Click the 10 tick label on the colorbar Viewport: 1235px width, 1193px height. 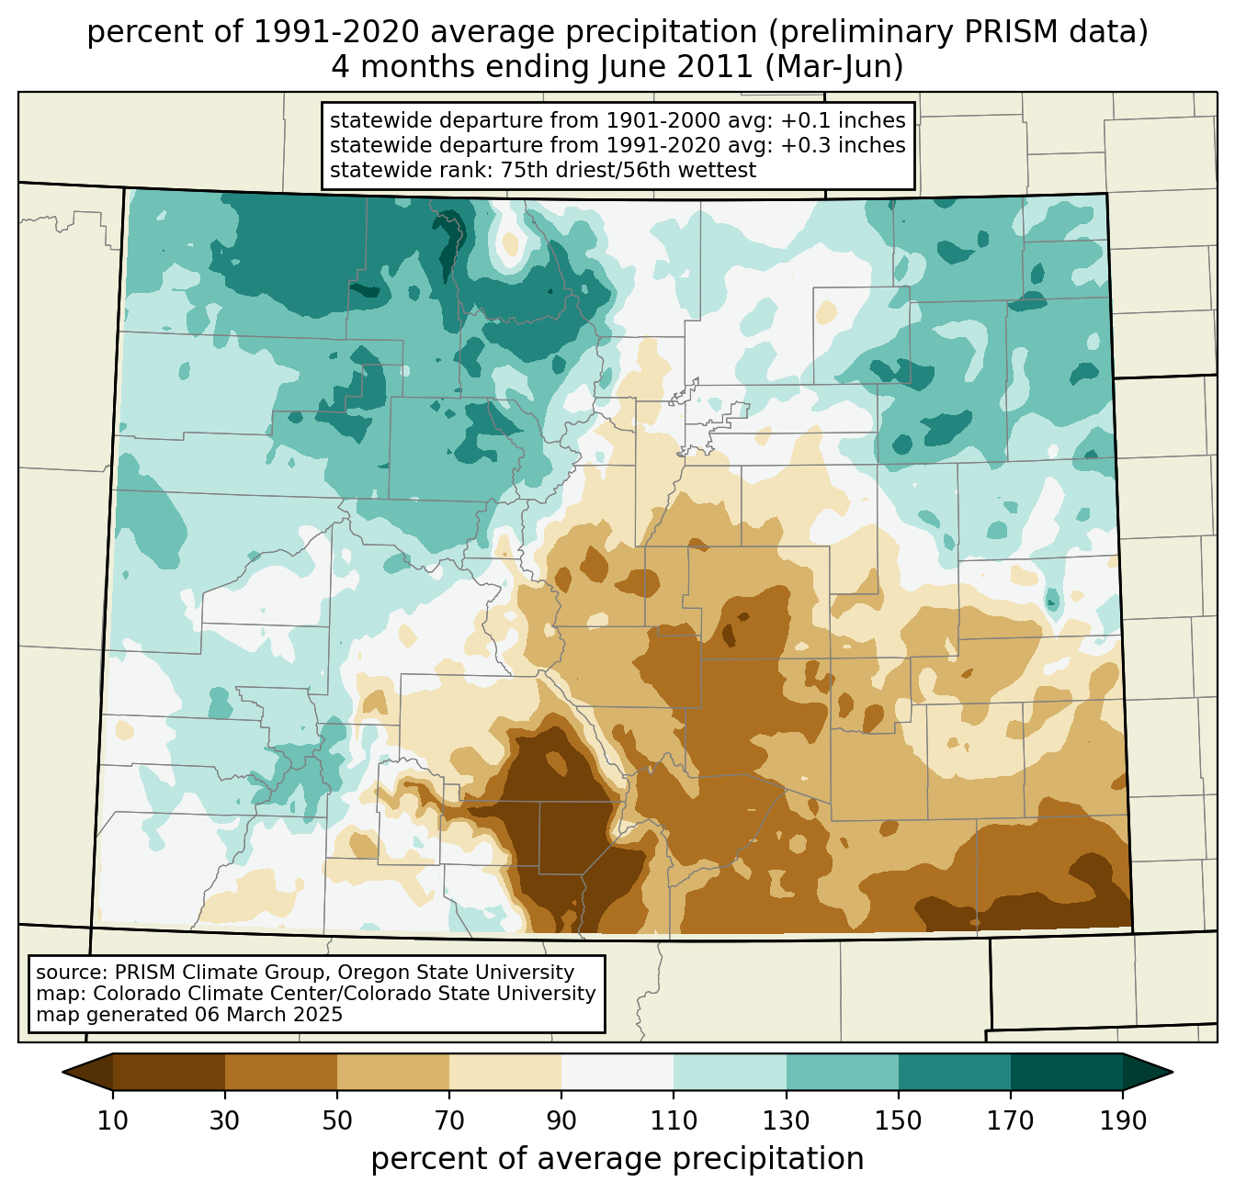pos(113,1121)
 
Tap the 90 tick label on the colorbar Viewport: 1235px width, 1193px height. pos(561,1121)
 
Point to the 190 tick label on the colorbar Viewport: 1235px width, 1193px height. pos(1123,1121)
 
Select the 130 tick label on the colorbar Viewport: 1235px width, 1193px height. pos(787,1121)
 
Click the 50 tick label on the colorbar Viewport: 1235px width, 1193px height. pos(337,1121)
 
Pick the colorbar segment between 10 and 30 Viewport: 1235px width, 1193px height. pos(169,1072)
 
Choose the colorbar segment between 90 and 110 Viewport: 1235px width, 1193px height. pos(617,1072)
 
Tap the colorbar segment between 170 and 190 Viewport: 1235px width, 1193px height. pos(1067,1072)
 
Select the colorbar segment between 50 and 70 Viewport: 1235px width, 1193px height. pos(393,1072)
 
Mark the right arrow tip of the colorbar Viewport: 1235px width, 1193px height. pos(1170,1072)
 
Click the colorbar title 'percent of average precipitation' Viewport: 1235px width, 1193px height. pos(617,1159)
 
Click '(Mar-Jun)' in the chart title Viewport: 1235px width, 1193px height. pos(834,67)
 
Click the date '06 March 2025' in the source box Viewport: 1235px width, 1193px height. pos(268,1015)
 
